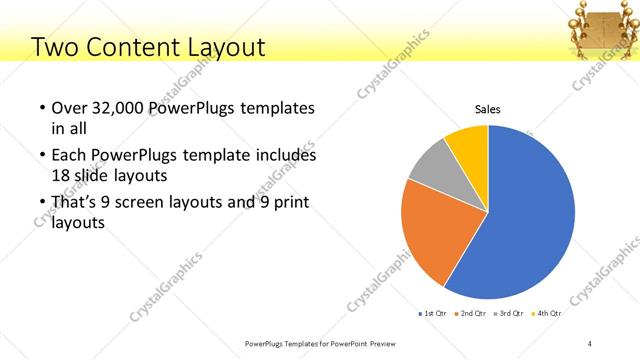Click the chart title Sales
(487, 110)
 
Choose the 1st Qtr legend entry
(432, 314)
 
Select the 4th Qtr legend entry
(546, 314)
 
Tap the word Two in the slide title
(56, 47)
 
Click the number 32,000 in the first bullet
(121, 108)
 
